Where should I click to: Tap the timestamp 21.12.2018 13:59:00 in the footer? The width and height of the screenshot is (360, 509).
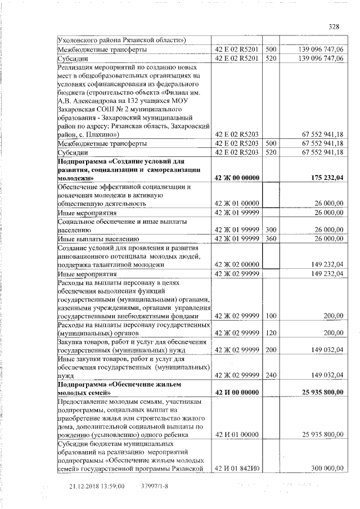click(96, 486)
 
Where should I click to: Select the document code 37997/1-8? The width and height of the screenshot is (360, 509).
click(150, 486)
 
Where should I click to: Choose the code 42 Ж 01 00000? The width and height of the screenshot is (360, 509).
click(237, 203)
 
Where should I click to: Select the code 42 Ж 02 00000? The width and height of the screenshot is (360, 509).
click(237, 264)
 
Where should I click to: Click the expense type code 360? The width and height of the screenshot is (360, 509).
click(271, 238)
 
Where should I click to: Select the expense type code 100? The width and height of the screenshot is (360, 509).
click(271, 316)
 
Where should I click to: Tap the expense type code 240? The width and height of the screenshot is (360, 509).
click(271, 375)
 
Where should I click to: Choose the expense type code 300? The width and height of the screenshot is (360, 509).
click(271, 229)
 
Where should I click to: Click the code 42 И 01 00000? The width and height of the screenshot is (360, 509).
click(237, 435)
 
